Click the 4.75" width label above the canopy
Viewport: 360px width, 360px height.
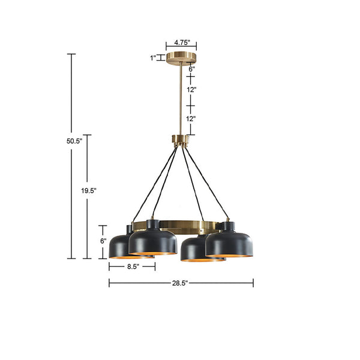(x=181, y=43)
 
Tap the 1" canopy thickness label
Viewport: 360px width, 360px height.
(x=152, y=58)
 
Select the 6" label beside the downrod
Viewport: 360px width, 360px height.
(x=191, y=69)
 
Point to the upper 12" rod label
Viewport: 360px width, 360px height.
(x=191, y=89)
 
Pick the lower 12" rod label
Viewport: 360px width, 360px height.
(x=191, y=119)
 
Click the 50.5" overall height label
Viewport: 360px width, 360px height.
(x=73, y=142)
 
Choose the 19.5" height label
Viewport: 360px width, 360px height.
(x=89, y=190)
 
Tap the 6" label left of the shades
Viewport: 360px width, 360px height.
(x=103, y=241)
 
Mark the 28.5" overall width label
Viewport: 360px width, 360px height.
(x=181, y=282)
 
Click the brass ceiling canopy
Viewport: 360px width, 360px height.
(x=181, y=58)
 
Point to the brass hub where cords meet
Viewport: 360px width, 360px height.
(x=181, y=142)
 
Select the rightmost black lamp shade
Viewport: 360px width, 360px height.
(x=229, y=241)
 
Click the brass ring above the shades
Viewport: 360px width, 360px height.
(x=180, y=226)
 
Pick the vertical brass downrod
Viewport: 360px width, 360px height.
(x=180, y=99)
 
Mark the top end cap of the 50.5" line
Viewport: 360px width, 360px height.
(x=71, y=54)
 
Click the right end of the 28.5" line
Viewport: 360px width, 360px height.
(x=253, y=282)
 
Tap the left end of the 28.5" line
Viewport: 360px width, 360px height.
(x=109, y=282)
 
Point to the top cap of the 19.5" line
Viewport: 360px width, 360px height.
(x=88, y=135)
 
